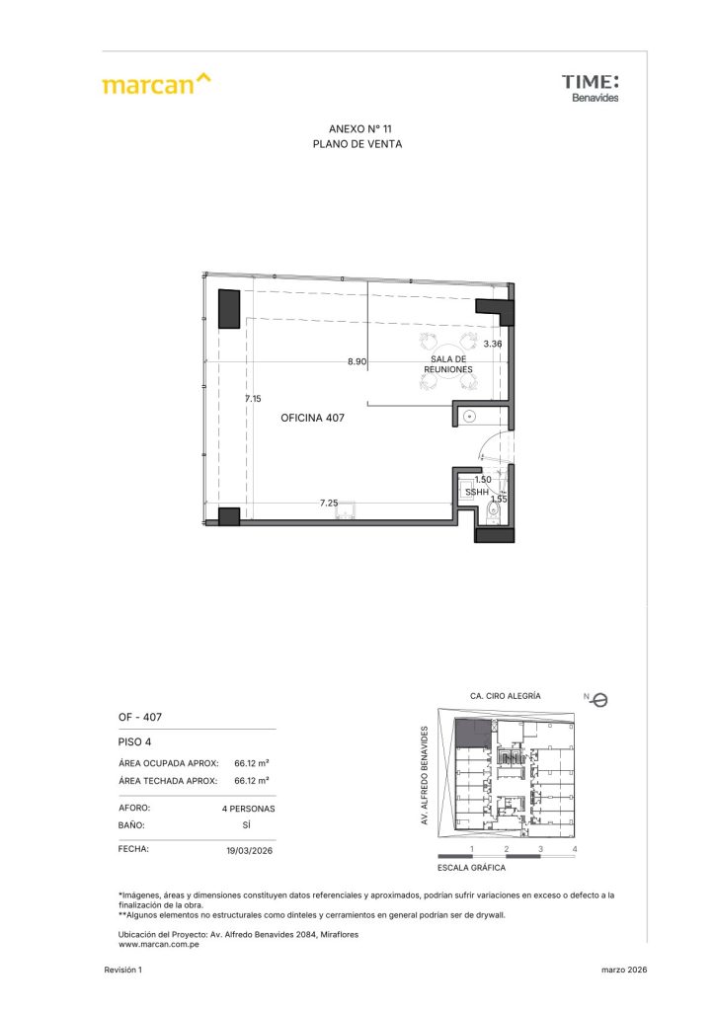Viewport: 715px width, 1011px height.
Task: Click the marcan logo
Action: [156, 84]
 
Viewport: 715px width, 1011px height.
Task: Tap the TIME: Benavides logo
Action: [590, 88]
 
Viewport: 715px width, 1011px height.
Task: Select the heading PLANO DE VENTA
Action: [357, 144]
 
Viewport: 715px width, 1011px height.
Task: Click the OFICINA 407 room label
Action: [313, 418]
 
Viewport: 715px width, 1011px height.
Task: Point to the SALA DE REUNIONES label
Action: [448, 364]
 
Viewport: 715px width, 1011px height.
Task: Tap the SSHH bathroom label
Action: [477, 492]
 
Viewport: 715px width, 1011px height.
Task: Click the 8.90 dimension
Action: [357, 361]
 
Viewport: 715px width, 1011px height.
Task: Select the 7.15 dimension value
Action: [254, 399]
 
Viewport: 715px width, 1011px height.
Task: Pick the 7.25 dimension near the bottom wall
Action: [329, 503]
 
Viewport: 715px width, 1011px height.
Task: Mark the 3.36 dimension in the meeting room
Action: [493, 344]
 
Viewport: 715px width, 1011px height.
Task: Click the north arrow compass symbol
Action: [598, 700]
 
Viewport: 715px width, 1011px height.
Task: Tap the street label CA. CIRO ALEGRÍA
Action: [506, 696]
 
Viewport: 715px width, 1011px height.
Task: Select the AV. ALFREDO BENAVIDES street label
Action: [425, 775]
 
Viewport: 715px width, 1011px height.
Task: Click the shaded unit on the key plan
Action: [471, 734]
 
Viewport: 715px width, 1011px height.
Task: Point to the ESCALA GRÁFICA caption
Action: [471, 868]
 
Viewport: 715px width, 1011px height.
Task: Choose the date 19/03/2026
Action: [250, 850]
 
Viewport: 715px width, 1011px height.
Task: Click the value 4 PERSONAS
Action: [248, 809]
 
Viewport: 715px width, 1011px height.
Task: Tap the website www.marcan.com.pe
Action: [159, 945]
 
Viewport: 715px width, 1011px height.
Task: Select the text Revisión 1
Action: [123, 970]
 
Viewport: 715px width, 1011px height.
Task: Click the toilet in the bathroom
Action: [493, 512]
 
